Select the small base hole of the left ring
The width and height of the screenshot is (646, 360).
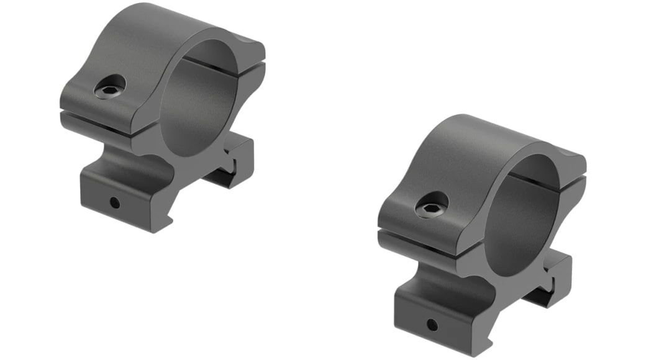pos(115,202)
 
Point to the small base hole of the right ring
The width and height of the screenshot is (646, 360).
pos(432,324)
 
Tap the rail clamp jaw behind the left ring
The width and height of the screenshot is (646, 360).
pos(239,158)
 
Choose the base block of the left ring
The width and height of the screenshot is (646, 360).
pos(124,192)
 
